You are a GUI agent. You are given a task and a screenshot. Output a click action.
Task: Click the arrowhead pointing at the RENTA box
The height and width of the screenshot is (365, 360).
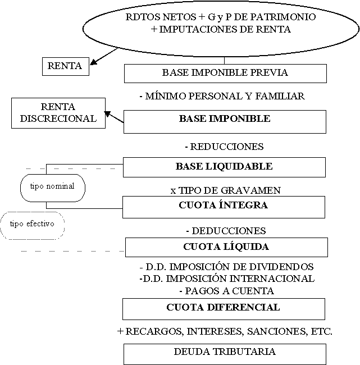(x=93, y=62)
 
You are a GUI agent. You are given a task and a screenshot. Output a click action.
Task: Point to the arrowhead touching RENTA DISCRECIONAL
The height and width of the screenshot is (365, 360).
(x=107, y=114)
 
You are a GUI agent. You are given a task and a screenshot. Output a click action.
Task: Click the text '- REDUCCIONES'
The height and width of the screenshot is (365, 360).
(x=225, y=147)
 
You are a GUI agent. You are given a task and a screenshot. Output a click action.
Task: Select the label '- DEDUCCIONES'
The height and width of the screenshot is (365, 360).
(x=226, y=231)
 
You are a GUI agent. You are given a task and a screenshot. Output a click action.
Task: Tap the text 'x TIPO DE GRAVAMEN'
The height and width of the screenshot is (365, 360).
(x=226, y=190)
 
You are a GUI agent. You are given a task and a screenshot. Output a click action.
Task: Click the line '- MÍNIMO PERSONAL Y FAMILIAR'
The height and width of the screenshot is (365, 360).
(x=222, y=96)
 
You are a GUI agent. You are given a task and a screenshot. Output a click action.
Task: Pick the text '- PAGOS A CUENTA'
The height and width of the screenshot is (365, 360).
(x=227, y=291)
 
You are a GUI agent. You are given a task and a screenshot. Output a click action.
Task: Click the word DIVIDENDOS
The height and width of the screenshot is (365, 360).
(x=281, y=267)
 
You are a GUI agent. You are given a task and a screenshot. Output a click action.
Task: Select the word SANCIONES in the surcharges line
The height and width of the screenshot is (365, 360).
(x=277, y=331)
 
